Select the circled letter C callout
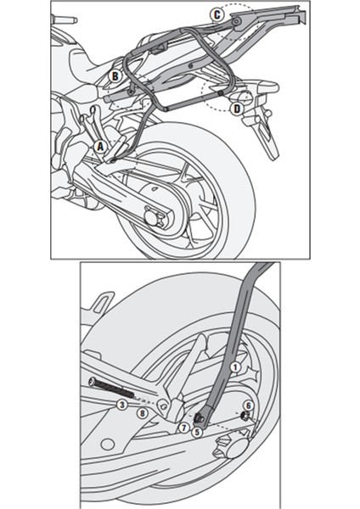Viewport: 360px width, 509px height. [x=217, y=14]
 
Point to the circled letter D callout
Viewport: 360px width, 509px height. [x=236, y=108]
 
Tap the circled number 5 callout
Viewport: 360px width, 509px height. [x=197, y=431]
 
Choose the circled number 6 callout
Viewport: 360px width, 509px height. [x=249, y=406]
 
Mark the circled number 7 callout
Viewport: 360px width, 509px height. [x=182, y=428]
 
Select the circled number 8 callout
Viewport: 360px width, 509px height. [x=142, y=413]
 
